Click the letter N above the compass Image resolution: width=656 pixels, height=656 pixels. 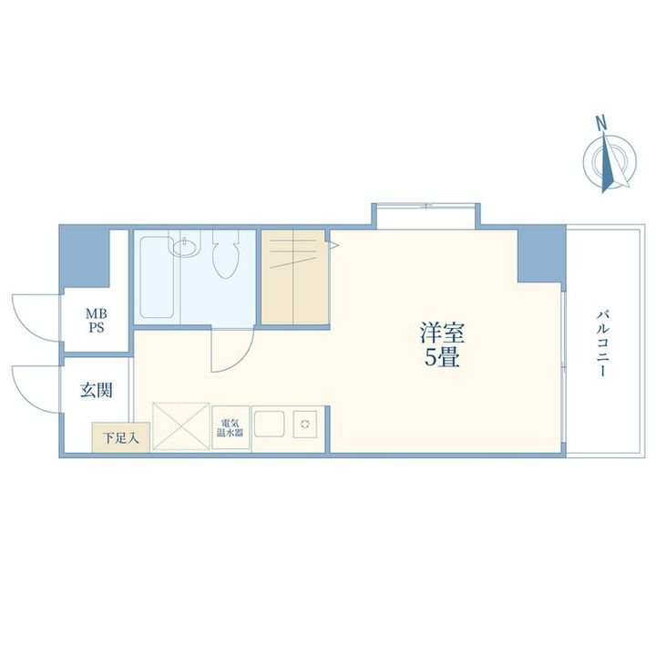[601, 122]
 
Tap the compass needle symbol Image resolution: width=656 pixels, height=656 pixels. [606, 162]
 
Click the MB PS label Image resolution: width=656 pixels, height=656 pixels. [96, 322]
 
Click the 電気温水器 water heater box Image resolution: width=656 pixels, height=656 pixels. [231, 427]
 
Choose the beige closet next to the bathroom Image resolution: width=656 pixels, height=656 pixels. [293, 278]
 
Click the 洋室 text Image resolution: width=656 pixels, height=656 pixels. [440, 333]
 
